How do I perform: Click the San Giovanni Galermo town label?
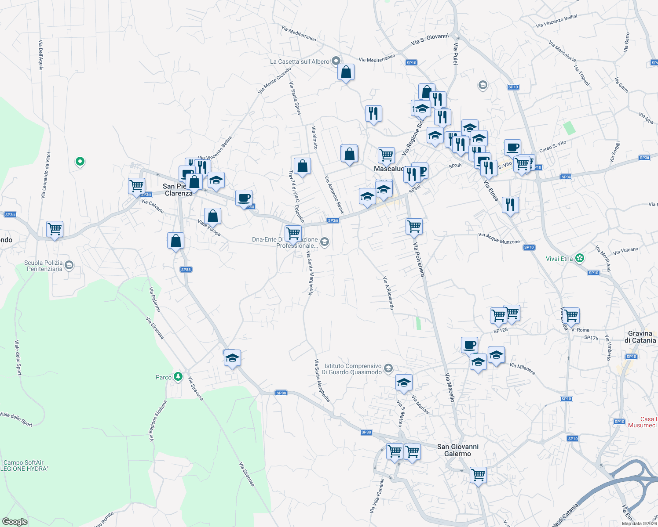[x=457, y=450]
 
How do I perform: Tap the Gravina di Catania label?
[x=640, y=337]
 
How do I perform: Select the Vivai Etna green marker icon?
[x=580, y=258]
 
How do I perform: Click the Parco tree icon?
[x=178, y=377]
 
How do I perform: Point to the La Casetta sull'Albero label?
[x=300, y=61]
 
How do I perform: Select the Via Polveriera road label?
[x=419, y=259]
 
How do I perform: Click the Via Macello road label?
[x=450, y=387]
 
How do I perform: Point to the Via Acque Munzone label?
[x=499, y=238]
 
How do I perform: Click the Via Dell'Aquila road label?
[x=41, y=55]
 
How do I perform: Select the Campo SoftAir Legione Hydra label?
[x=24, y=466]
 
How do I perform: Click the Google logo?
[x=15, y=521]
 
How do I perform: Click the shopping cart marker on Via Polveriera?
[x=414, y=227]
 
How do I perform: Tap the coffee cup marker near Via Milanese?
[x=469, y=345]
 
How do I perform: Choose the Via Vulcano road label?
[x=625, y=251]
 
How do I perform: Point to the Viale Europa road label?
[x=209, y=228]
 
